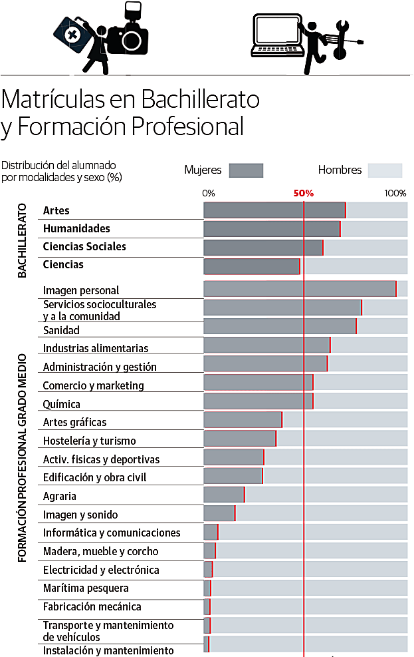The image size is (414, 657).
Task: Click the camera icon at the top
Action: coord(128,37)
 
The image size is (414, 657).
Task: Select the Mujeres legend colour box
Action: coord(246,170)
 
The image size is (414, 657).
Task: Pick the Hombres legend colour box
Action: coord(385,170)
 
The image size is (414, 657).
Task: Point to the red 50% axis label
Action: coord(304,194)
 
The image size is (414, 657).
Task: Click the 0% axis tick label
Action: coord(209,194)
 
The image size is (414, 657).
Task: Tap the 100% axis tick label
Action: coord(396,194)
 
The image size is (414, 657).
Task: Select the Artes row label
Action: coord(56,210)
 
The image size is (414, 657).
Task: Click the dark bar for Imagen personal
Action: coord(299,289)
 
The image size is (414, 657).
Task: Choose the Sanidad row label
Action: coord(61,330)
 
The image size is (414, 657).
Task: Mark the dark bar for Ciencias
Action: coord(251,266)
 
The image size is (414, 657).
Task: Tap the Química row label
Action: coord(61,404)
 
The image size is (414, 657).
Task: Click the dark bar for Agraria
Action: coord(224,495)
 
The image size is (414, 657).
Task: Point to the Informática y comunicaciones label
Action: coord(112,533)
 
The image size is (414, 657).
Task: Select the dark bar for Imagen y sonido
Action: coord(219,513)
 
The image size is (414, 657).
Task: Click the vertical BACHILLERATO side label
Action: coord(22,240)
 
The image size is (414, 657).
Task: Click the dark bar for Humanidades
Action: coord(272,229)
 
